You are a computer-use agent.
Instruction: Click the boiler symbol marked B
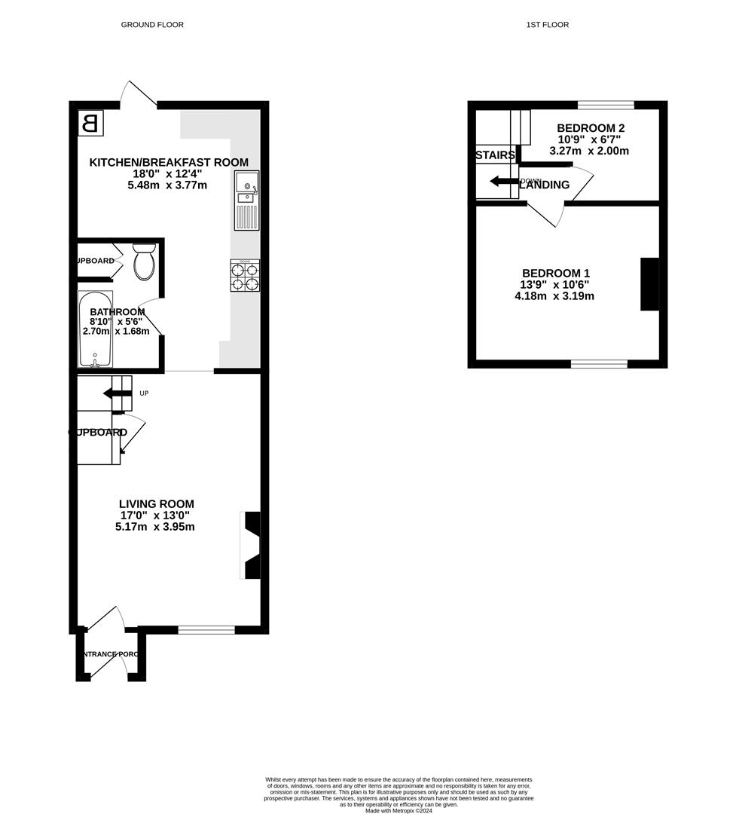(90, 123)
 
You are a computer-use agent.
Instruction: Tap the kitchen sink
(246, 200)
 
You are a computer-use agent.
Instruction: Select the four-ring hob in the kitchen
(245, 276)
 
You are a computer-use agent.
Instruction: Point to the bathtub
(95, 329)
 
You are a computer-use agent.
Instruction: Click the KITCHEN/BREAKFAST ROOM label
(169, 162)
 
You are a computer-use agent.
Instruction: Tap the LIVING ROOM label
(156, 503)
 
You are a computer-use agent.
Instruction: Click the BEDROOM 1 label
(556, 273)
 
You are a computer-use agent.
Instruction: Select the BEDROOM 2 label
(591, 128)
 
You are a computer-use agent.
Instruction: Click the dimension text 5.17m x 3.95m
(154, 527)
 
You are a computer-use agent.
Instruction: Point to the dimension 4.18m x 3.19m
(554, 296)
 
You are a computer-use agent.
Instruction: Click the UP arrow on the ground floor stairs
(118, 393)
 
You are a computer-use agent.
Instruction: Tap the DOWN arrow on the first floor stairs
(503, 181)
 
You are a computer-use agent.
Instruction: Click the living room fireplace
(252, 545)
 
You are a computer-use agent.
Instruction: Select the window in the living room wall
(206, 629)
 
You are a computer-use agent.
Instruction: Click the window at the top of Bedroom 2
(606, 105)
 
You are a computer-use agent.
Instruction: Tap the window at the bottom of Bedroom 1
(599, 364)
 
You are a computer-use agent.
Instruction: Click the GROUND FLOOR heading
(152, 25)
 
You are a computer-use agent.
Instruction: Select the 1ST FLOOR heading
(548, 25)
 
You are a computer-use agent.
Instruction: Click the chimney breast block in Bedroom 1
(649, 284)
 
